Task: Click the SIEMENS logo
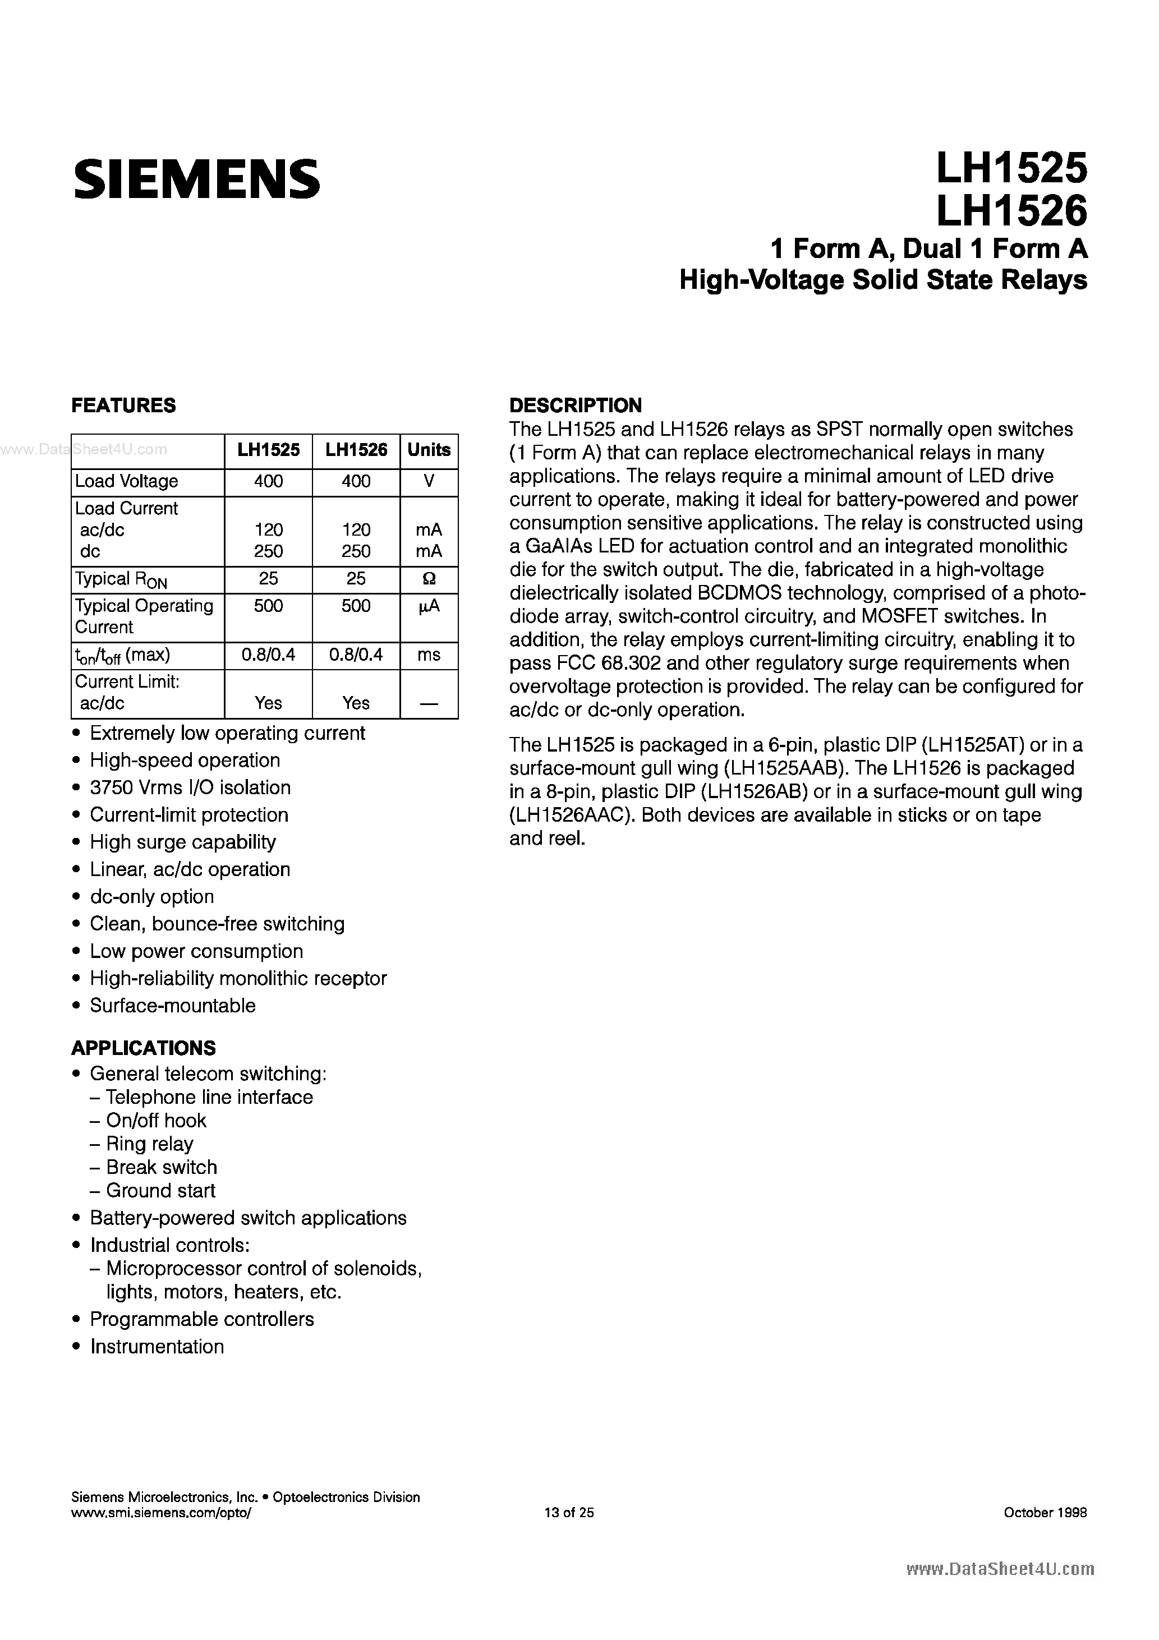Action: point(196,178)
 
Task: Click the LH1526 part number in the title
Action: point(1011,211)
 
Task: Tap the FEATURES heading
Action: point(123,405)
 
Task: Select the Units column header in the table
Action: point(429,450)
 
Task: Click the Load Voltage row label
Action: point(126,481)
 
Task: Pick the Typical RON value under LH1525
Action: point(269,579)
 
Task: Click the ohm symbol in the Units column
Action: point(429,579)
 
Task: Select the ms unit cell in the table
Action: point(429,655)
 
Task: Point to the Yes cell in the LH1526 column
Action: point(356,703)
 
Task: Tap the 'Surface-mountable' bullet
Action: point(172,1005)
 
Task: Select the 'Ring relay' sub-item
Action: point(149,1144)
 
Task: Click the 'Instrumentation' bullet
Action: point(157,1347)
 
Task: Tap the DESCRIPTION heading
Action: point(575,405)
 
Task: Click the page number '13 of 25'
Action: point(569,1512)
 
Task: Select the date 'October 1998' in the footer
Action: point(1045,1512)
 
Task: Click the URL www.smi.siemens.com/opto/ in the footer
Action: point(162,1512)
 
